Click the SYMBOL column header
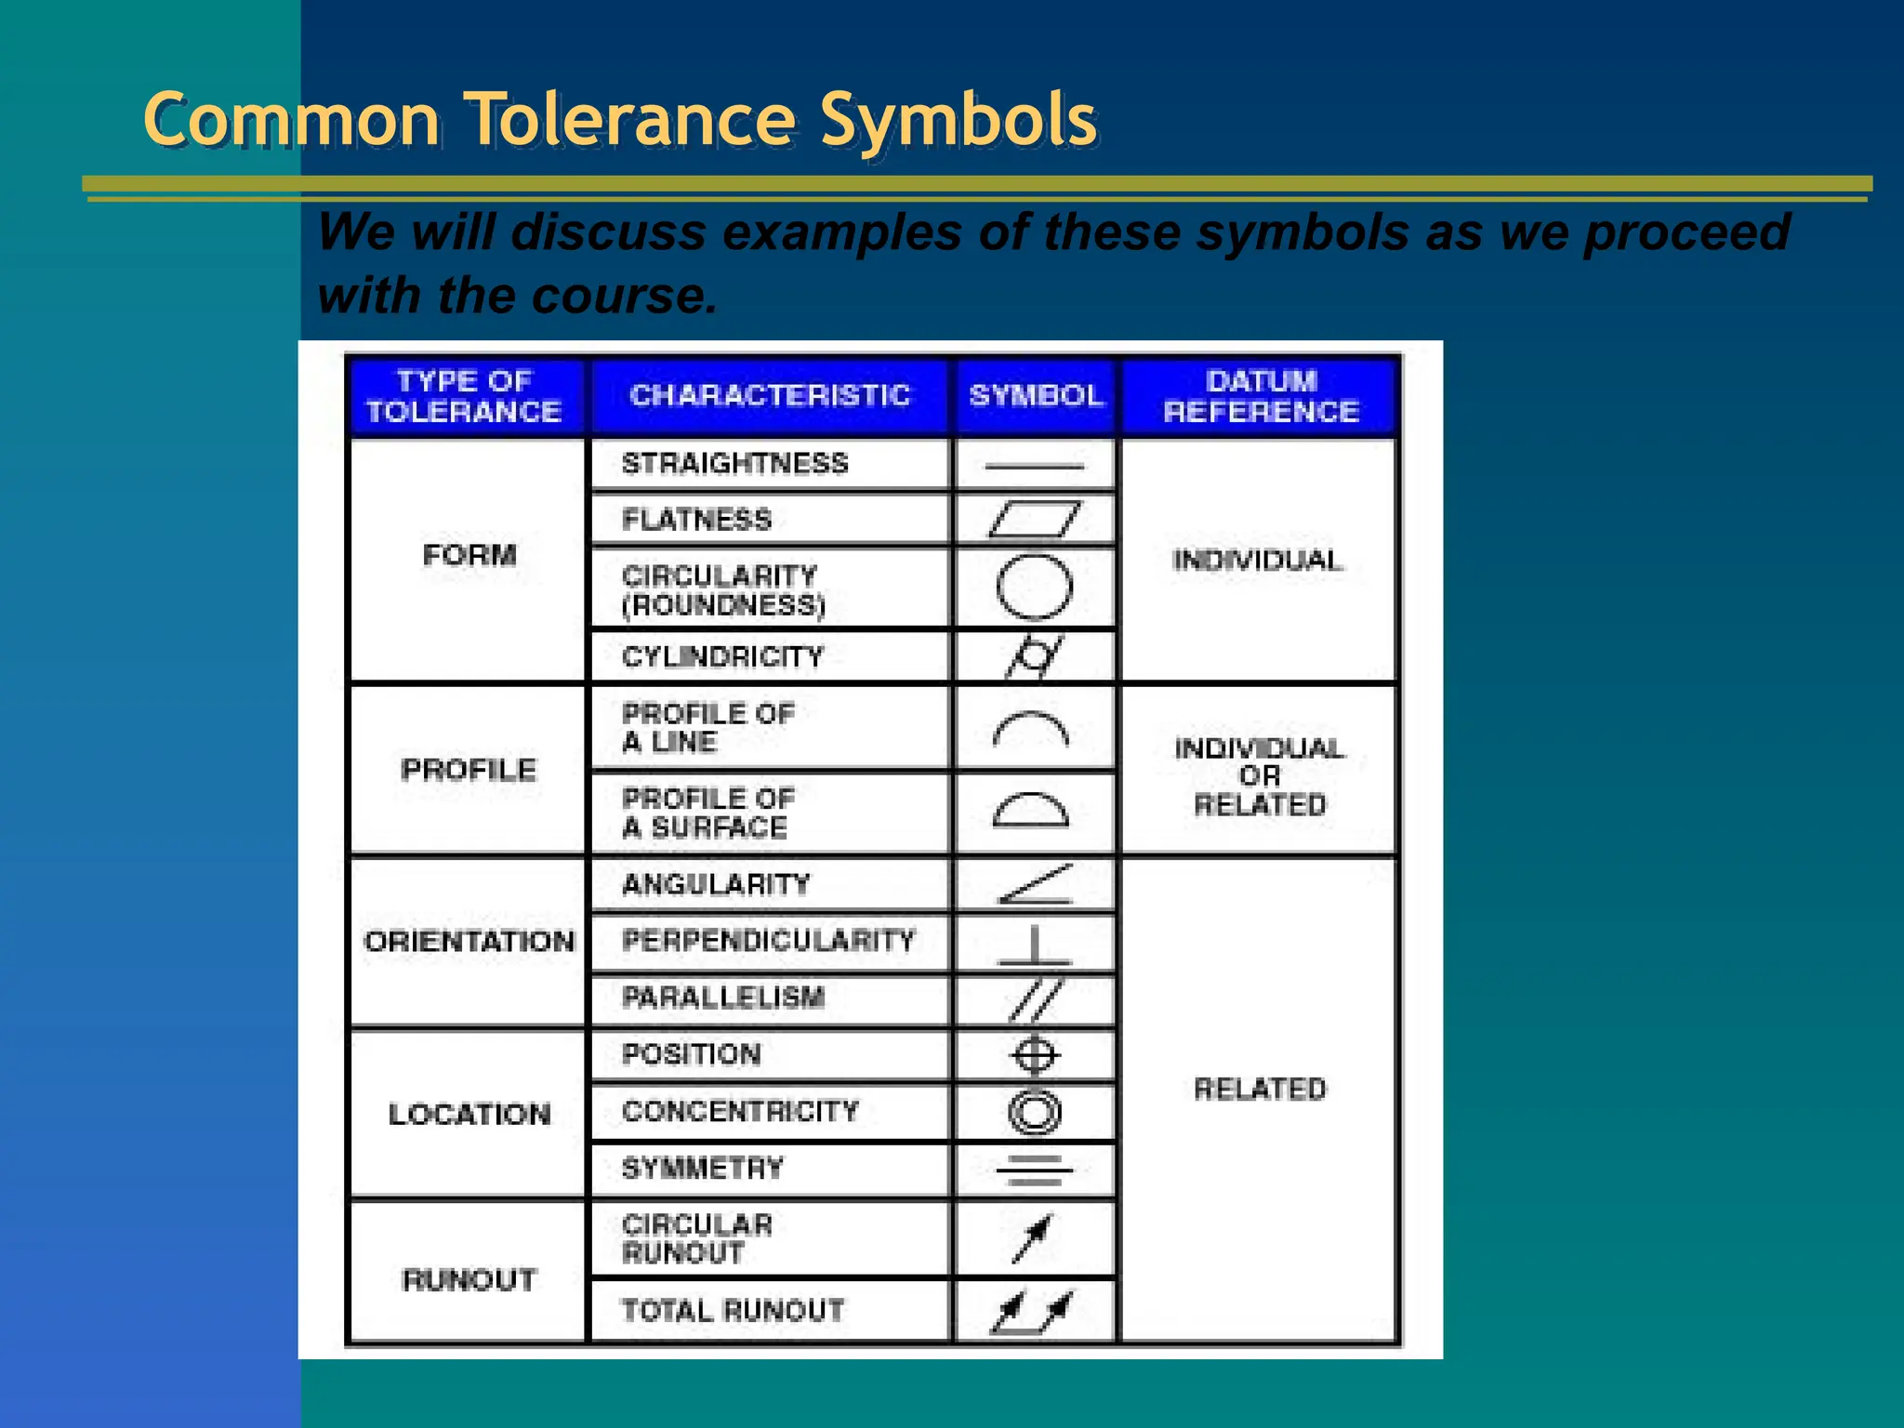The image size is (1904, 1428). pos(1036,396)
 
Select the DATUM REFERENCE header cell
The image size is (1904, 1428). pos(1261,396)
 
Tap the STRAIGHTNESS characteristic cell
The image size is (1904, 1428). pos(734,463)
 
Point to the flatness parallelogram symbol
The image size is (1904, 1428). pos(1034,519)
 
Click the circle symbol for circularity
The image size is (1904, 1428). pos(1034,588)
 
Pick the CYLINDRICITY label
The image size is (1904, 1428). pos(722,657)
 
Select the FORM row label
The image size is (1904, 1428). pos(469,556)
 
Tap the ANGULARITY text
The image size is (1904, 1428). pos(716,884)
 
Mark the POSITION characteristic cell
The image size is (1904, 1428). pos(691,1054)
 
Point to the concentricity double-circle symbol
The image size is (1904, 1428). pos(1034,1112)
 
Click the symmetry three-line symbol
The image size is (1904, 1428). pos(1034,1170)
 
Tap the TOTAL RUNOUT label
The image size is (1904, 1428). pos(733,1311)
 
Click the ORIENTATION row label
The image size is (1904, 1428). pos(469,942)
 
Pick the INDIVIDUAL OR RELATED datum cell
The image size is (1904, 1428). pos(1260,776)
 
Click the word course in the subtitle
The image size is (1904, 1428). pos(623,296)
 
